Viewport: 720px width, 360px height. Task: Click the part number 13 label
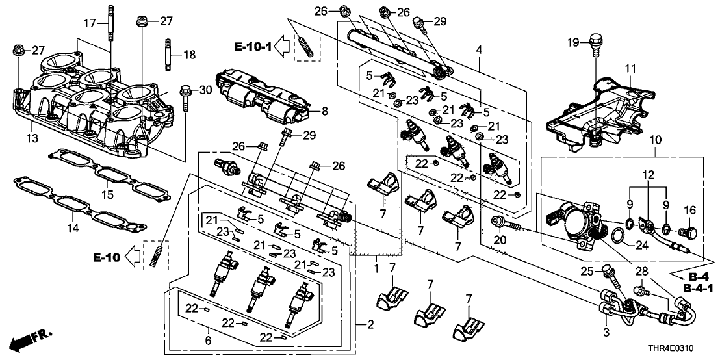click(31, 138)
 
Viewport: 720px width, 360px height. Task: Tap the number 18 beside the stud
click(188, 55)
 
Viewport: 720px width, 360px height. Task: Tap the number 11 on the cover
click(629, 68)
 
